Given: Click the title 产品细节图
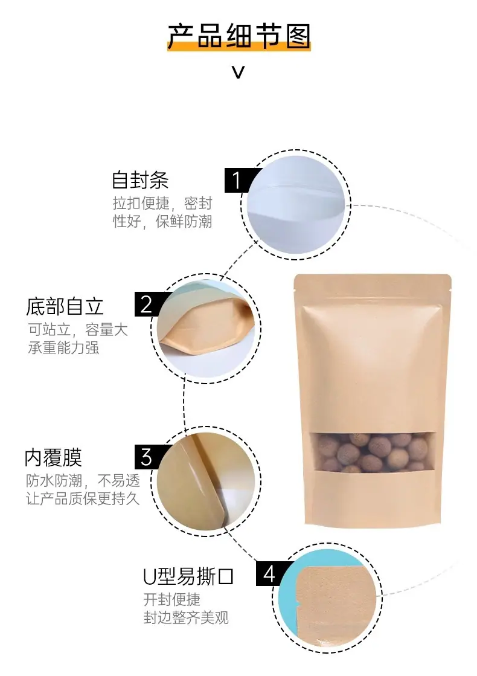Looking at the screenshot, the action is [238, 36].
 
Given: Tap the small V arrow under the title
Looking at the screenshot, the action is [238, 72].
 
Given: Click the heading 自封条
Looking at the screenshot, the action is [140, 180].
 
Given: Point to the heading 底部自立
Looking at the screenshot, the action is [65, 306].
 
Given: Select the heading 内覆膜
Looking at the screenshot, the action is [53, 458].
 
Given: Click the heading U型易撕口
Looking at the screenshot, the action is [188, 577].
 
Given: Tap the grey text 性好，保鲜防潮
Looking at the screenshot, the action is [162, 222].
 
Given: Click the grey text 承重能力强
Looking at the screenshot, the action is [63, 347].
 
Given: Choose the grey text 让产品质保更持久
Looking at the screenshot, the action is [83, 499].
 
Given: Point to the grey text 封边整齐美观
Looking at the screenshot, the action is [186, 618].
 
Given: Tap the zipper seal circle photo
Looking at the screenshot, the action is [296, 205].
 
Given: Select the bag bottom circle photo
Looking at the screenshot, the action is [206, 328].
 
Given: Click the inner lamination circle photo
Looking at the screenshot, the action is [206, 481].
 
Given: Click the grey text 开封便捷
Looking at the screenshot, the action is [171, 600].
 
